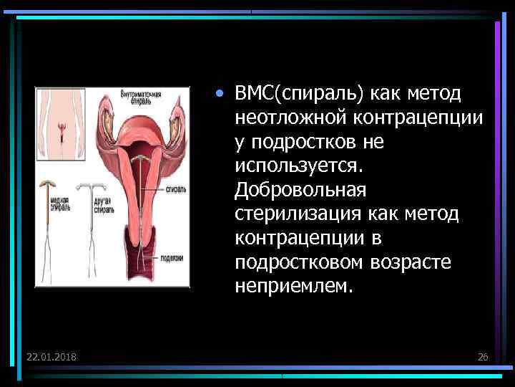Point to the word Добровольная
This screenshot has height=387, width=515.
[x=300, y=191]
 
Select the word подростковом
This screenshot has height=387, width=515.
[x=300, y=264]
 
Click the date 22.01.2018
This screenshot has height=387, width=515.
[x=52, y=357]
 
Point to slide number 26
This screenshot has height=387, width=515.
[x=482, y=357]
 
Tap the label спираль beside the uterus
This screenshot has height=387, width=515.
[x=176, y=189]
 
